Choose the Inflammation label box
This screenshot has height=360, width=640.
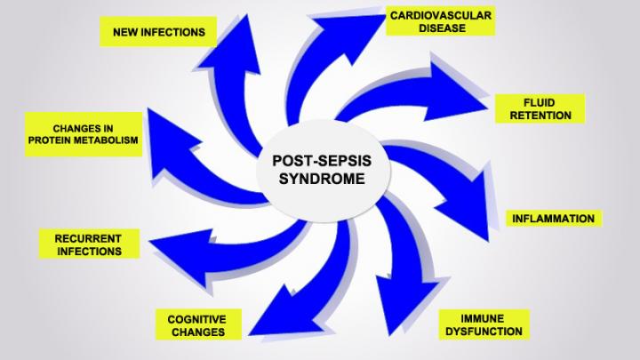[x=552, y=218]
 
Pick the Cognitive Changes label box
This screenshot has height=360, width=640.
[x=196, y=324]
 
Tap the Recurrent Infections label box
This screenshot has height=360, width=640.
[x=88, y=244]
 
